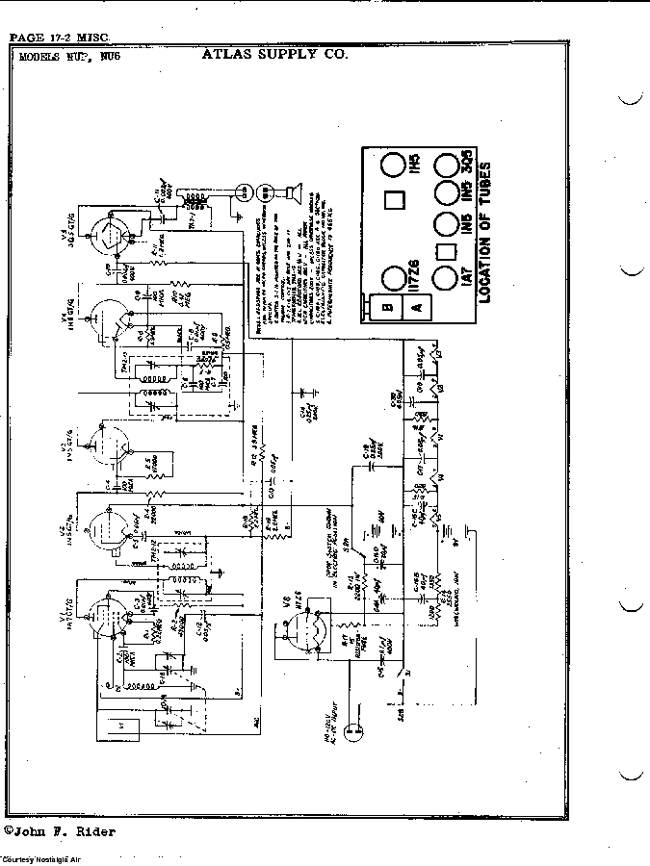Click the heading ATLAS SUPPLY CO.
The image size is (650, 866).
point(274,54)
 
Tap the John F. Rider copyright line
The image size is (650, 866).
point(60,830)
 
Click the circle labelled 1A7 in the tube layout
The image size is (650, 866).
point(445,280)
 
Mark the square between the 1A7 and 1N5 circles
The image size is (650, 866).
point(446,253)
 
